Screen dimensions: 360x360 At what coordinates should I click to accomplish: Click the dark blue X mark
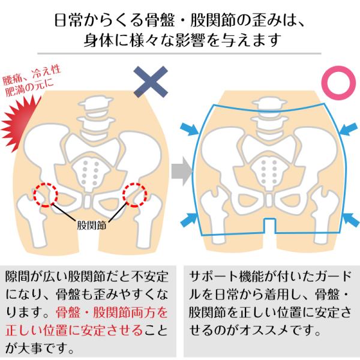pyautogui.click(x=151, y=82)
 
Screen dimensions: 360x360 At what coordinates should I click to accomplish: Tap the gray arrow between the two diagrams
pyautogui.click(x=182, y=171)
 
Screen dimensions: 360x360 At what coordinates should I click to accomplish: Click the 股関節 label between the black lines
pyautogui.click(x=91, y=225)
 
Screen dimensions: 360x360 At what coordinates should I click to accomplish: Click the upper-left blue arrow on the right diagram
pyautogui.click(x=189, y=129)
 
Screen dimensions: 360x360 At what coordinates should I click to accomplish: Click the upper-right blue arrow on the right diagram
pyautogui.click(x=349, y=129)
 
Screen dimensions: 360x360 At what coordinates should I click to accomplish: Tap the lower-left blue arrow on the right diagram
pyautogui.click(x=189, y=220)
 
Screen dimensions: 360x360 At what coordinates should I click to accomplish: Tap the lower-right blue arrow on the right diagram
pyautogui.click(x=351, y=220)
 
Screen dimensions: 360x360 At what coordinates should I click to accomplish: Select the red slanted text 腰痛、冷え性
pyautogui.click(x=32, y=74)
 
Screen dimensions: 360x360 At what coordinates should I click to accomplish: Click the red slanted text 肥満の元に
pyautogui.click(x=30, y=88)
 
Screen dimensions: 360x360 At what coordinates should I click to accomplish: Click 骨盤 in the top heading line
pyautogui.click(x=160, y=20)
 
